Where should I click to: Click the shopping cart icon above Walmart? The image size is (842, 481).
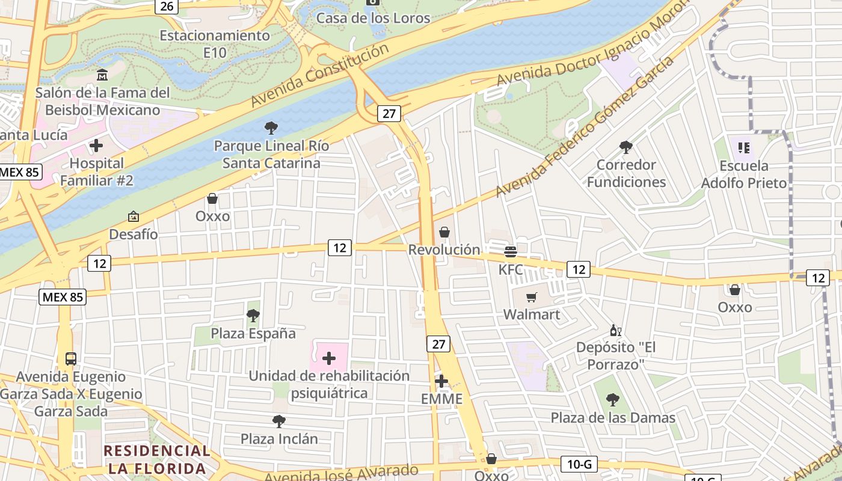531,297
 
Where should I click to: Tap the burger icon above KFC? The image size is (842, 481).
511,251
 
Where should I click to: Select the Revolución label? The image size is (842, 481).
444,250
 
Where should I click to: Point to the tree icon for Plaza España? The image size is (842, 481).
253,315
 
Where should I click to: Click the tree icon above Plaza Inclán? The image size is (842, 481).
278,421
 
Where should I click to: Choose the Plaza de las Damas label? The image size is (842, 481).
613,417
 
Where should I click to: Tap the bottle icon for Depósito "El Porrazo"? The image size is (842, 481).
615,330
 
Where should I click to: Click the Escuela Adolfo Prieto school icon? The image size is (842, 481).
744,147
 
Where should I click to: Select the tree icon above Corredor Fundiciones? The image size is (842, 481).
626,147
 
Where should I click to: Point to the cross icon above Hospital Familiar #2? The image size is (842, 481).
96,146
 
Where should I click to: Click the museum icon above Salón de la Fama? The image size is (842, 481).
102,75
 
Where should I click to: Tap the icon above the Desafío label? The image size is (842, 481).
134,216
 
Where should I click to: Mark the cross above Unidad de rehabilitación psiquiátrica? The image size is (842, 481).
329,359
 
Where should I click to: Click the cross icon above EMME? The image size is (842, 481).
441,381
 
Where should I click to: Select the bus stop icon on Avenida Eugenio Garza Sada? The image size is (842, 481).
71,359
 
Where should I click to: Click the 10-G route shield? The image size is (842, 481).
580,464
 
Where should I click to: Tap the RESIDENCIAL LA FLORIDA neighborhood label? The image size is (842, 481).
156,459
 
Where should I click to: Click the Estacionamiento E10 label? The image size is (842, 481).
215,44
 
